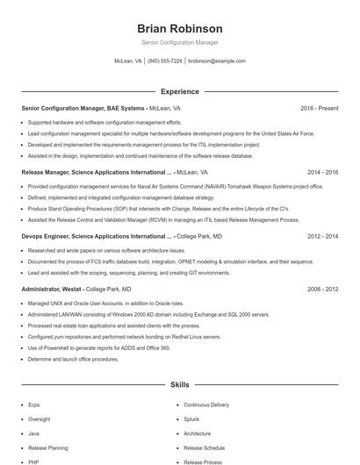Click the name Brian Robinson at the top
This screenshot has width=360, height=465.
pos(179,28)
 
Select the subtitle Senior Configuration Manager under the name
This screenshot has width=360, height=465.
pos(179,42)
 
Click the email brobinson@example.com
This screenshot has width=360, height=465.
pos(217,61)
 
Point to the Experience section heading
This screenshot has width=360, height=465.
pos(179,91)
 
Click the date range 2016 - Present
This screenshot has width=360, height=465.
pos(319,108)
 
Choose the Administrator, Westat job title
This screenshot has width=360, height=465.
pos(52,289)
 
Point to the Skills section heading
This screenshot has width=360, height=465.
pos(179,384)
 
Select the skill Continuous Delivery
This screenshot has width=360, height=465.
pos(206,405)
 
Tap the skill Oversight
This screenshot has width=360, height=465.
pos(40,419)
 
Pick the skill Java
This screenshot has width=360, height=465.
pos(33,433)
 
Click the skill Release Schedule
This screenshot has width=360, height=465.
pos(205,447)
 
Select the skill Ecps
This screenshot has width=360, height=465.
pos(34,405)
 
